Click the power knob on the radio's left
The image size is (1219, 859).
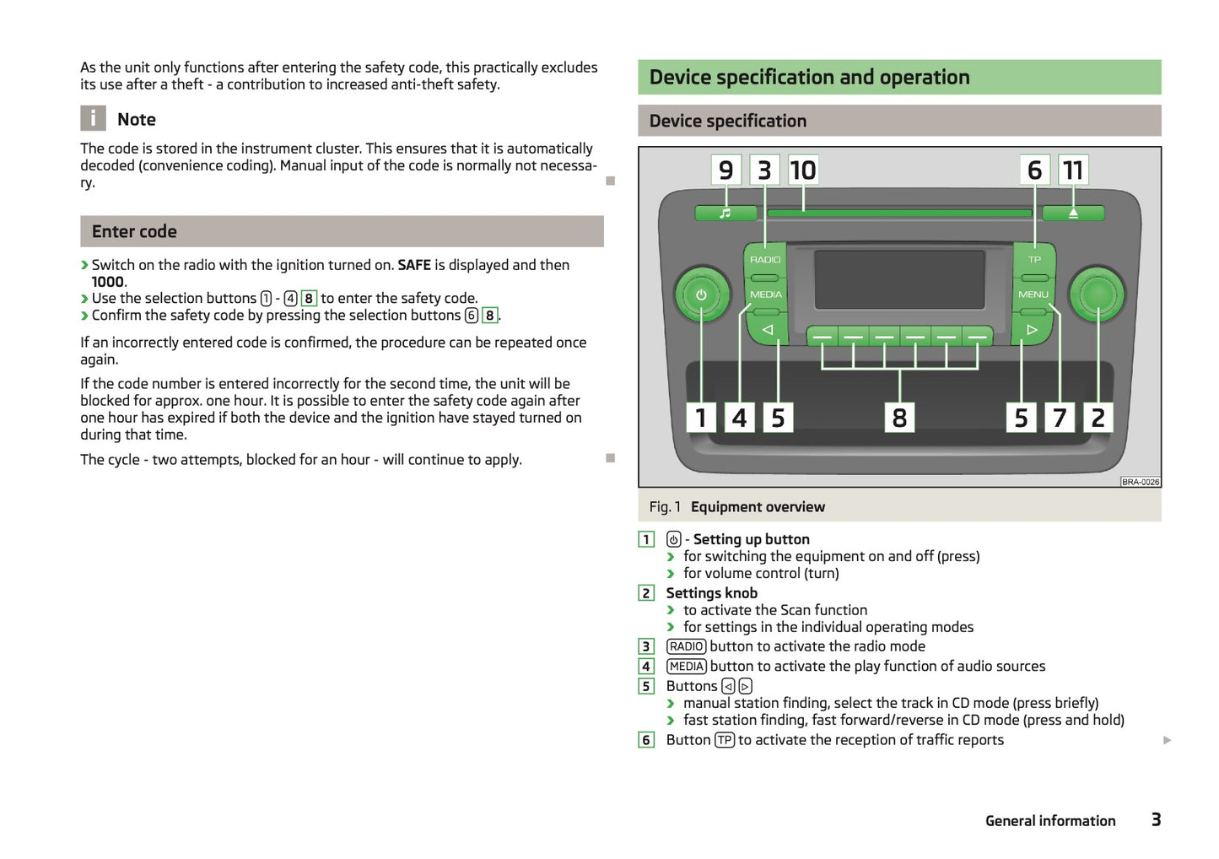[701, 295]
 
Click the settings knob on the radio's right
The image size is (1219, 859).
[1097, 294]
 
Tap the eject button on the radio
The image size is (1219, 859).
[1073, 213]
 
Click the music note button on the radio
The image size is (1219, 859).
[725, 213]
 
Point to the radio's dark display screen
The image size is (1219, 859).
[899, 279]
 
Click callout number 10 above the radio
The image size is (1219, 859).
[803, 170]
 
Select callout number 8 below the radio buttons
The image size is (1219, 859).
[899, 418]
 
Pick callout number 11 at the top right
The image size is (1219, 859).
[1073, 170]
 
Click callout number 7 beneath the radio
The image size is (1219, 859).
[1060, 418]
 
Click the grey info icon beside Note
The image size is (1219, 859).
[93, 118]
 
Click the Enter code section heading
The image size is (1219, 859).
[135, 232]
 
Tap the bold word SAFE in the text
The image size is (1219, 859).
[414, 265]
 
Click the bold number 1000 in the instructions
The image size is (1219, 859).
[108, 282]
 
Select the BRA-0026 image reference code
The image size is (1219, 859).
[1140, 482]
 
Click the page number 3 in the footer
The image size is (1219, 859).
[1156, 819]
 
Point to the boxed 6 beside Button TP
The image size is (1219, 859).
[646, 740]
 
